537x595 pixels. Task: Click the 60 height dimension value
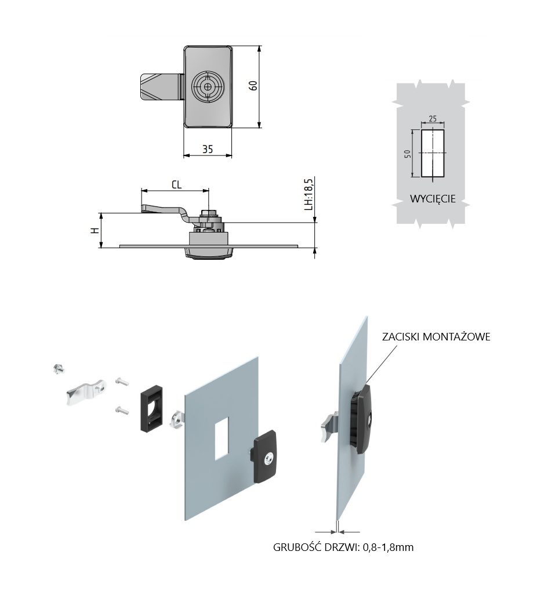click(x=253, y=85)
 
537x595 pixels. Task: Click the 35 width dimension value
click(x=208, y=149)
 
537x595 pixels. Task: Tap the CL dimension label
click(x=176, y=184)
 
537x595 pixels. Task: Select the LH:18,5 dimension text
click(x=309, y=194)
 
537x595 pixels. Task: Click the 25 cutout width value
click(x=433, y=119)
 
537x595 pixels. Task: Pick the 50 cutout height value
click(x=407, y=154)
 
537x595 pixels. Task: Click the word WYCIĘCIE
click(x=433, y=198)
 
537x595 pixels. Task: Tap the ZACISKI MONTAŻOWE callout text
click(x=436, y=336)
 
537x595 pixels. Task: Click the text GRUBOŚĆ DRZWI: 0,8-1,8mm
click(x=343, y=547)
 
